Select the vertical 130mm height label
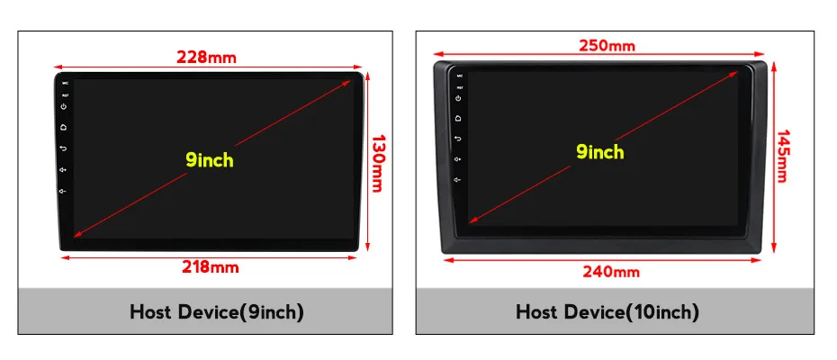pos(378,163)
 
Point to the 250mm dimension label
pos(607,46)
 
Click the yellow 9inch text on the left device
pos(210,160)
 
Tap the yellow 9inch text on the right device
pos(600,152)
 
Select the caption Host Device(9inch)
pos(217,312)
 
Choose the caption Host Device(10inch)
pos(607,312)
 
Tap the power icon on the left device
pos(64,106)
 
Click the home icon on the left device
pos(64,127)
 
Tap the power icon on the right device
pos(458,97)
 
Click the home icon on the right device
pos(458,118)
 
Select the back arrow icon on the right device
pos(458,138)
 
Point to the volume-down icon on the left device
pos(64,190)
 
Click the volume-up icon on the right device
pos(458,158)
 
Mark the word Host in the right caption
pos(537,312)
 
